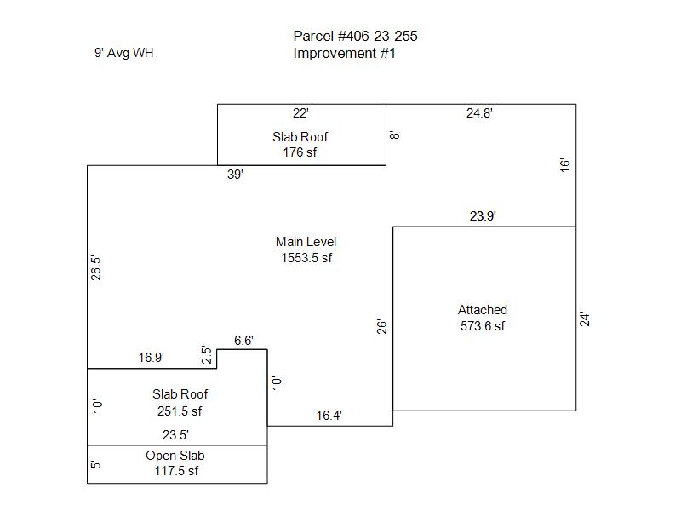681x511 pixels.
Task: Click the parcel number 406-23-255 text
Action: tap(355, 36)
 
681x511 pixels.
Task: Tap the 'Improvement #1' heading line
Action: tap(344, 54)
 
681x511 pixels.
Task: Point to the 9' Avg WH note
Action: tap(123, 53)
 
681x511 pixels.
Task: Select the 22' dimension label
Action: tap(300, 113)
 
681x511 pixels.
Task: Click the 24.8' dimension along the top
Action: tap(479, 113)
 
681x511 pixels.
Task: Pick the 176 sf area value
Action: tap(300, 152)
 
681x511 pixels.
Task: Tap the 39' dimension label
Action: tap(235, 175)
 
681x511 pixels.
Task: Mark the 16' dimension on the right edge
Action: tap(564, 165)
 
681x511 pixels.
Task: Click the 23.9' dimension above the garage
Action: tap(483, 216)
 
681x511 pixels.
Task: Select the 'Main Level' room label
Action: tap(306, 242)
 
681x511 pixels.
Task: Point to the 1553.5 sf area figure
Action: tap(306, 258)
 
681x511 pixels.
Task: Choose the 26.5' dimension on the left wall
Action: tap(96, 268)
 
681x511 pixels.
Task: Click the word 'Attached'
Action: tap(482, 310)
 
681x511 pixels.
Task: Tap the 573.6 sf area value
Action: tap(482, 326)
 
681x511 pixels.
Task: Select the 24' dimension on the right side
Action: tap(585, 319)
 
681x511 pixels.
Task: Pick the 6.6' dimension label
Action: tap(243, 341)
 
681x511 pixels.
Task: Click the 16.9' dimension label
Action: tap(152, 358)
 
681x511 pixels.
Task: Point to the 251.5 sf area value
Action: tap(180, 411)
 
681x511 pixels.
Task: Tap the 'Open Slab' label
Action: tap(175, 456)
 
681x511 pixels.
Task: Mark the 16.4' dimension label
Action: tap(329, 416)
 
